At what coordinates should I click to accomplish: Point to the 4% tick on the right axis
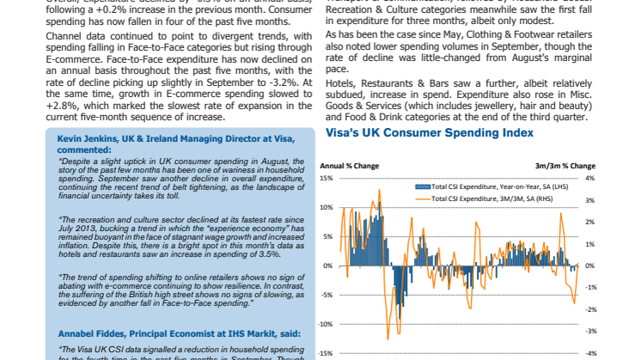[591, 179]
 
